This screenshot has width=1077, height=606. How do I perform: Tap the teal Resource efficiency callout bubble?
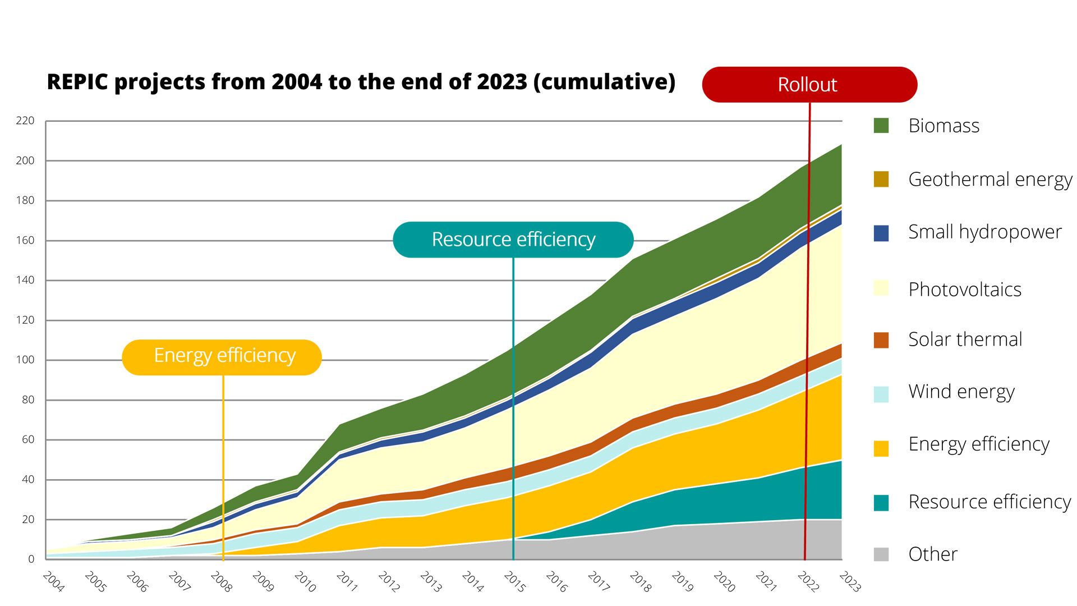[x=513, y=240]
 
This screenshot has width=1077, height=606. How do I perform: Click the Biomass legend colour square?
[x=881, y=126]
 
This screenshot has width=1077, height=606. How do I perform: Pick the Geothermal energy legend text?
[x=990, y=180]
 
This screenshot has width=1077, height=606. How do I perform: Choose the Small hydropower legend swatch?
[x=881, y=233]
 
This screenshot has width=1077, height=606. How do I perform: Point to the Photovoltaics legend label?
[x=965, y=290]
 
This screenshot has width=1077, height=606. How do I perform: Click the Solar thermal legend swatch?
[x=881, y=340]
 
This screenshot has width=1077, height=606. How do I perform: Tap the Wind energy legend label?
[x=961, y=392]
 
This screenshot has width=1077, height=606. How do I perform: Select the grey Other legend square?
[x=881, y=554]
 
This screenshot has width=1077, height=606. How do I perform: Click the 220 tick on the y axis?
[x=25, y=121]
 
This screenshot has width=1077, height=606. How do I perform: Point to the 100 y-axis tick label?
[x=25, y=360]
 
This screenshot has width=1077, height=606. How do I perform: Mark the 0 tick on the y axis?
[x=31, y=559]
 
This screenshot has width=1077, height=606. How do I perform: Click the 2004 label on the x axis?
[x=53, y=582]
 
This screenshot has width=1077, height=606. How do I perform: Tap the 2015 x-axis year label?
[x=514, y=582]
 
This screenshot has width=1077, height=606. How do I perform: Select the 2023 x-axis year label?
[x=850, y=582]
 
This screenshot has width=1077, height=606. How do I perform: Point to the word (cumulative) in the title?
[x=604, y=82]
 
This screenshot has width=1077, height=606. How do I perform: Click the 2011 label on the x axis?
[x=347, y=582]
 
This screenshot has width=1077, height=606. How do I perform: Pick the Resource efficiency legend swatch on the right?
[x=881, y=503]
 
